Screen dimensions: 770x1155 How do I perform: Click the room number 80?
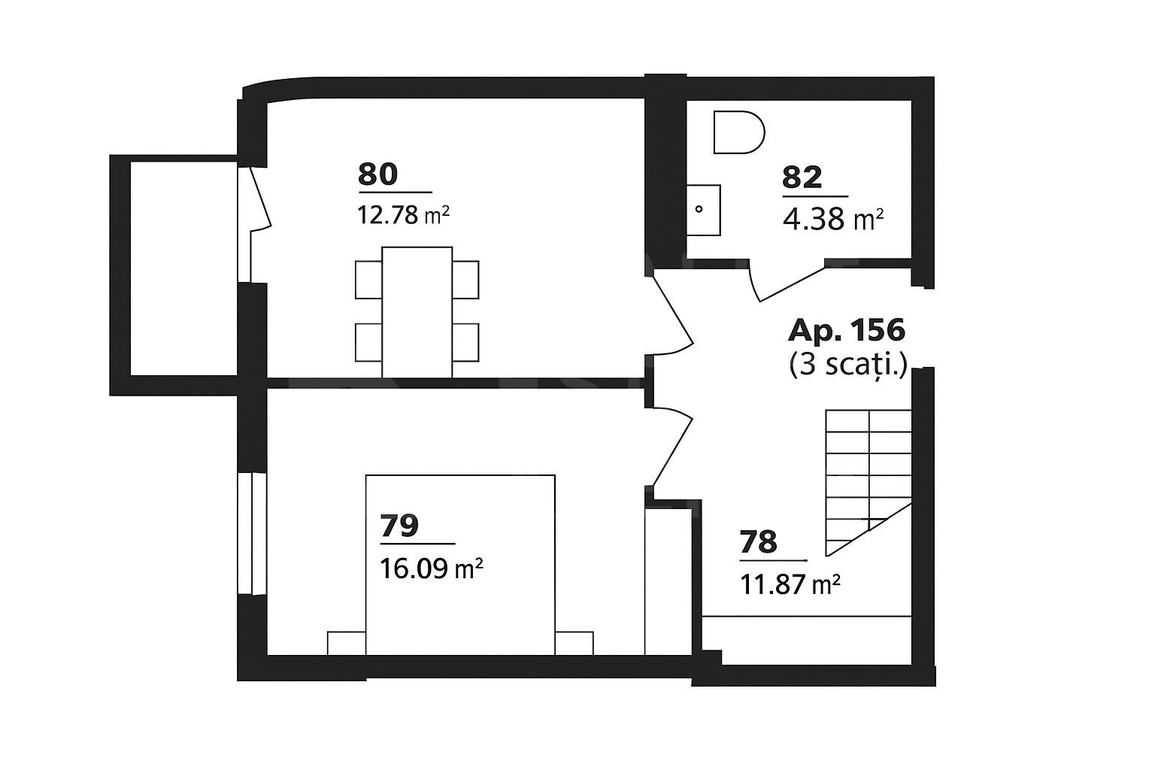[x=377, y=174]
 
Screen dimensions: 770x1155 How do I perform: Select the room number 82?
[x=802, y=178]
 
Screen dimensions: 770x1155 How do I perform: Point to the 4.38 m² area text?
[x=832, y=220]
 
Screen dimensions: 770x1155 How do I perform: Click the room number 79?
[x=399, y=526]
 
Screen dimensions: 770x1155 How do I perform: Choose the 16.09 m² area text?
[x=431, y=568]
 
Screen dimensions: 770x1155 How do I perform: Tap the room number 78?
[x=758, y=542]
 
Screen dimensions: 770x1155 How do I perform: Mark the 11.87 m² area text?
[x=790, y=584]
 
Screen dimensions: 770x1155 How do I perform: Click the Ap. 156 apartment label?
[x=846, y=330]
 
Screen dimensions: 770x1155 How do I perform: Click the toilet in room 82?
[x=738, y=132]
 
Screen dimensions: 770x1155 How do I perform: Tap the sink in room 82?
[x=703, y=209]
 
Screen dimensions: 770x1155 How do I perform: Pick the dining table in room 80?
[x=417, y=311]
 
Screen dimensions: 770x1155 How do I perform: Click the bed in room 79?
[x=459, y=564]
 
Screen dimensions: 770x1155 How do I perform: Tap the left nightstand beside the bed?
[x=347, y=643]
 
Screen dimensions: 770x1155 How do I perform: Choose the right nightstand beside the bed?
[x=574, y=643]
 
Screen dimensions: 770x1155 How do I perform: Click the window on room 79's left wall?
[x=252, y=534]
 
